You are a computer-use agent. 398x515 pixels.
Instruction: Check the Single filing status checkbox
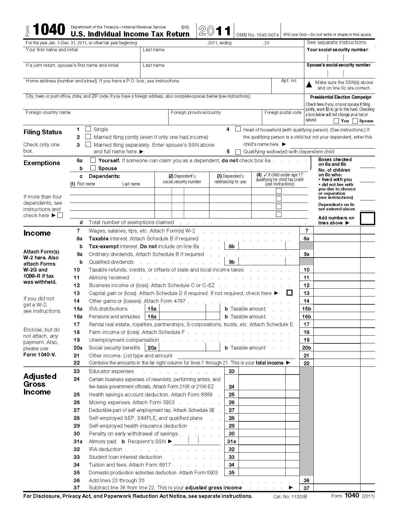(88, 129)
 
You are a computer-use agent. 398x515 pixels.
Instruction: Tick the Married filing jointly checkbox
(88, 136)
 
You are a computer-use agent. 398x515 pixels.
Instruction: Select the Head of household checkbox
(238, 129)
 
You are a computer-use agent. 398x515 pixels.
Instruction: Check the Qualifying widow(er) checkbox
(238, 152)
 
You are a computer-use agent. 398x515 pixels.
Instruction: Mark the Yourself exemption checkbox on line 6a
(93, 160)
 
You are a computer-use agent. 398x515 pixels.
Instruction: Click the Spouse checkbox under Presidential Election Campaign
(355, 121)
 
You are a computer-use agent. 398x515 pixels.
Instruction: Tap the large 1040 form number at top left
(49, 30)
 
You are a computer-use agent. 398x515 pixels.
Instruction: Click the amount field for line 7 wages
(337, 231)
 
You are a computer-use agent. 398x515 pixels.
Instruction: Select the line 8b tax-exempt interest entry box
(262, 246)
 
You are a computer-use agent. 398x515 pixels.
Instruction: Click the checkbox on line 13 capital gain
(289, 293)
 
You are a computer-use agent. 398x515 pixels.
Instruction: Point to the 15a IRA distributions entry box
(182, 309)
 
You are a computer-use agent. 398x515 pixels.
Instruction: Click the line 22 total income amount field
(337, 363)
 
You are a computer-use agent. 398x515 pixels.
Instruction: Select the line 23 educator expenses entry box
(262, 371)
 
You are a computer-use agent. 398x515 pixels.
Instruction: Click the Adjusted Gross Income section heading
(40, 384)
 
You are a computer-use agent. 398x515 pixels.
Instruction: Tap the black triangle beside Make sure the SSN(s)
(309, 84)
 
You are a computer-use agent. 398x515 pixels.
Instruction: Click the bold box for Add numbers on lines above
(367, 218)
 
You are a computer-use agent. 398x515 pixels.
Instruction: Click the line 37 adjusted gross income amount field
(337, 488)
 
